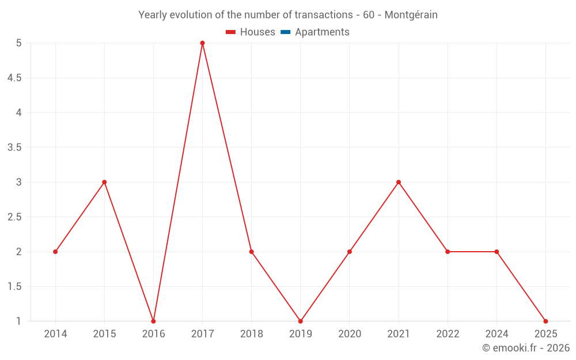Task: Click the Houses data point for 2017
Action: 202,43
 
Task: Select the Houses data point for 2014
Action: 55,252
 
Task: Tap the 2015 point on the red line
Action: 104,182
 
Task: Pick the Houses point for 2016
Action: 153,321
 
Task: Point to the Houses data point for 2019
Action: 300,321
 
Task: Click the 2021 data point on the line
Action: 399,182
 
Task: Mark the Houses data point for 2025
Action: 545,321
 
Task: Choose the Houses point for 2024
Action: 497,252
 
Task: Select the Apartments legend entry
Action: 322,32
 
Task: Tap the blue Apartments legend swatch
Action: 286,32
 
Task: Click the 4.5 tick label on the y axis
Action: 15,78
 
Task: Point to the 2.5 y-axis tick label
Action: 15,217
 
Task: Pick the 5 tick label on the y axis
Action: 19,43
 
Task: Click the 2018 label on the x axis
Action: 251,334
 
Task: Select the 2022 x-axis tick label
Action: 448,334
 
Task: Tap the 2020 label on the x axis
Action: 350,334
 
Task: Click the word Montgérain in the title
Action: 411,15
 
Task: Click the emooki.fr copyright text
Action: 526,348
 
